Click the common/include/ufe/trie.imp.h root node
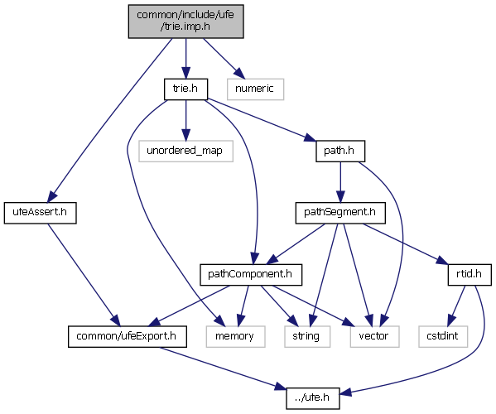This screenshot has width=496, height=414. (185, 22)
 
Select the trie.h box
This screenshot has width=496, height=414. (185, 89)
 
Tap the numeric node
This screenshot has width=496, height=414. (255, 89)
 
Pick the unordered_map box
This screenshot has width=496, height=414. (185, 152)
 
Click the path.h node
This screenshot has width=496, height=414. (340, 152)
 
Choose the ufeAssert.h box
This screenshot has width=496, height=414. (41, 213)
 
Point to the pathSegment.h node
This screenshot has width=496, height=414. (340, 213)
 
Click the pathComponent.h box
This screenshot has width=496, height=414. (251, 275)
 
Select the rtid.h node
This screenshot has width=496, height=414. (470, 275)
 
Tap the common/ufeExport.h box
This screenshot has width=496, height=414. (128, 336)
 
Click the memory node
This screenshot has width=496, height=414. (235, 336)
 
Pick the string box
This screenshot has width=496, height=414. (307, 336)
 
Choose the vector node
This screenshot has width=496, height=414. (374, 336)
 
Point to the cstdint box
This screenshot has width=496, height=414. (443, 336)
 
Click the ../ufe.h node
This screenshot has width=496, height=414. (313, 398)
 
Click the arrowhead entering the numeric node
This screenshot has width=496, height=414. (240, 74)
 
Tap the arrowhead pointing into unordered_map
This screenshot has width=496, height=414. (185, 135)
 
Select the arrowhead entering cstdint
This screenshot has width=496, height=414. (452, 320)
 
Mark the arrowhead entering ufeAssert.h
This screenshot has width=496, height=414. (52, 196)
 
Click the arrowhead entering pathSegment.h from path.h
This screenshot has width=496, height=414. (340, 197)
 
